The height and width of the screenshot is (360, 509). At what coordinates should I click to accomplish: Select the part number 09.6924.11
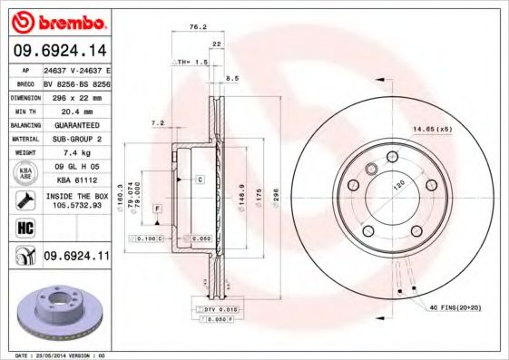pos(78,258)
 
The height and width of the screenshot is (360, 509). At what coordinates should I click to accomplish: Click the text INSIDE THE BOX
pos(79,195)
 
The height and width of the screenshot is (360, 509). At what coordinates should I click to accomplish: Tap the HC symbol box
pos(23,228)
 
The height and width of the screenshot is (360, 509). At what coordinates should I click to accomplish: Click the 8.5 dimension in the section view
pos(233,78)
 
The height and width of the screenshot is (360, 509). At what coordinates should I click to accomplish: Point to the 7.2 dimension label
pos(157,123)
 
